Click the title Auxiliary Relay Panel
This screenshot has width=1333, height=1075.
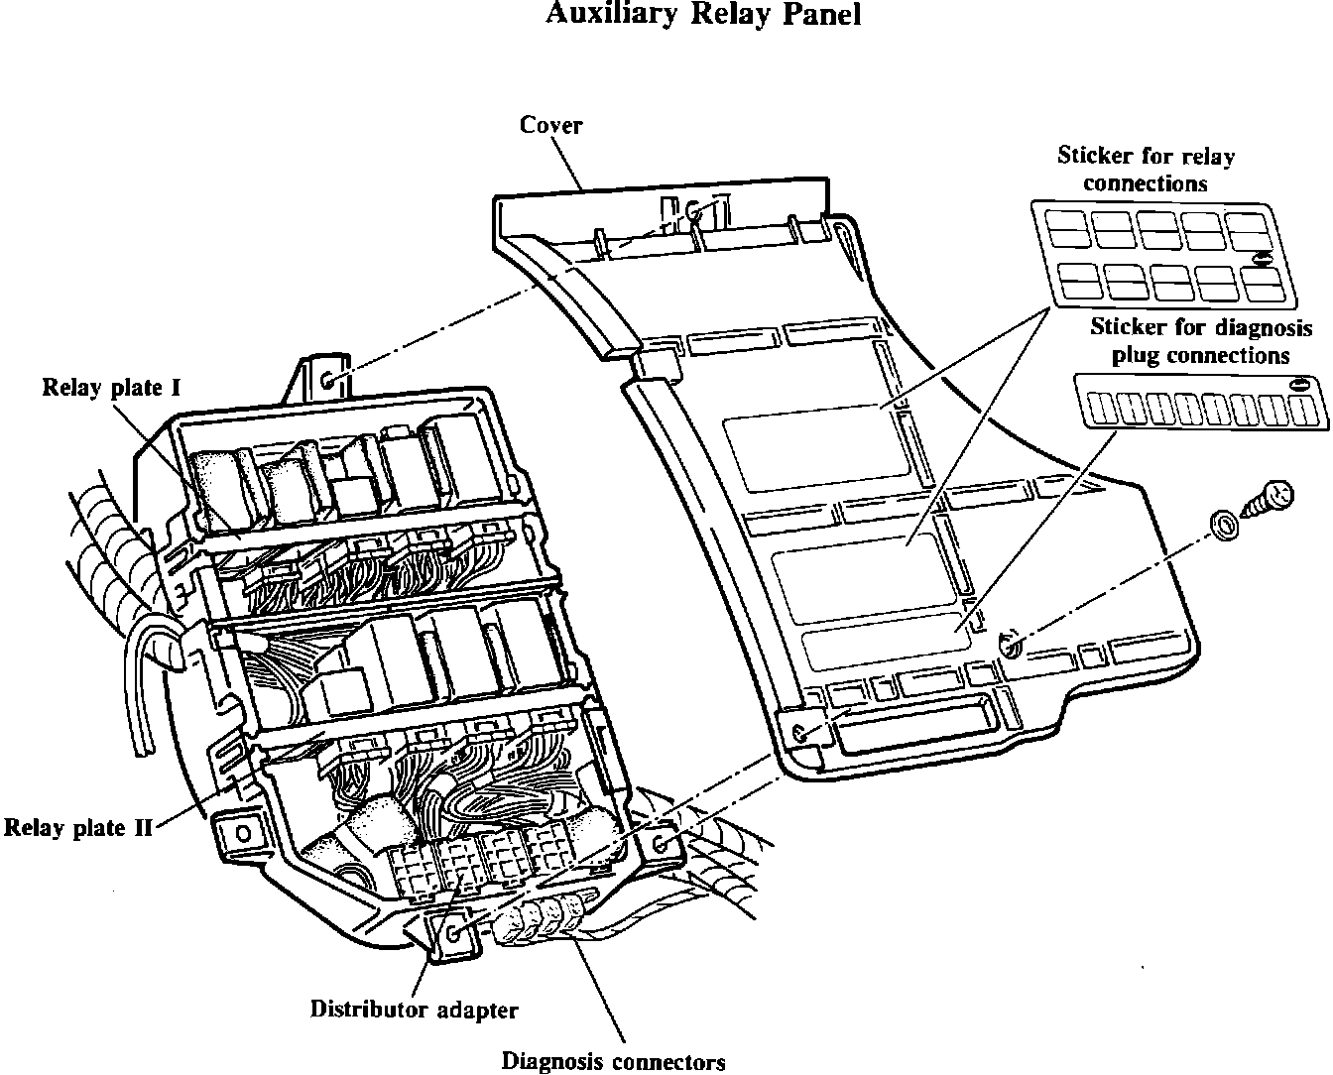click(703, 15)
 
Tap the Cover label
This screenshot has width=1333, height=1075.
click(551, 125)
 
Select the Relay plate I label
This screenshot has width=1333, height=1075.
click(111, 387)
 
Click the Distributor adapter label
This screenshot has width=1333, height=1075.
click(414, 1010)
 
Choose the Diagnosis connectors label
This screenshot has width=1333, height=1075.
click(613, 1062)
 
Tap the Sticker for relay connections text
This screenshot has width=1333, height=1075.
click(1146, 170)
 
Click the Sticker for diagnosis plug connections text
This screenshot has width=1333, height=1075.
click(1201, 340)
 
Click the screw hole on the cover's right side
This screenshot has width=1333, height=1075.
click(1010, 647)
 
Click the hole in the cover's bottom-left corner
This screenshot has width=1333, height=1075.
click(801, 734)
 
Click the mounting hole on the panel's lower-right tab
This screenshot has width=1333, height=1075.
click(662, 845)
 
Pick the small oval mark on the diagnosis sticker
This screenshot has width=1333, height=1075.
click(1298, 385)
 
